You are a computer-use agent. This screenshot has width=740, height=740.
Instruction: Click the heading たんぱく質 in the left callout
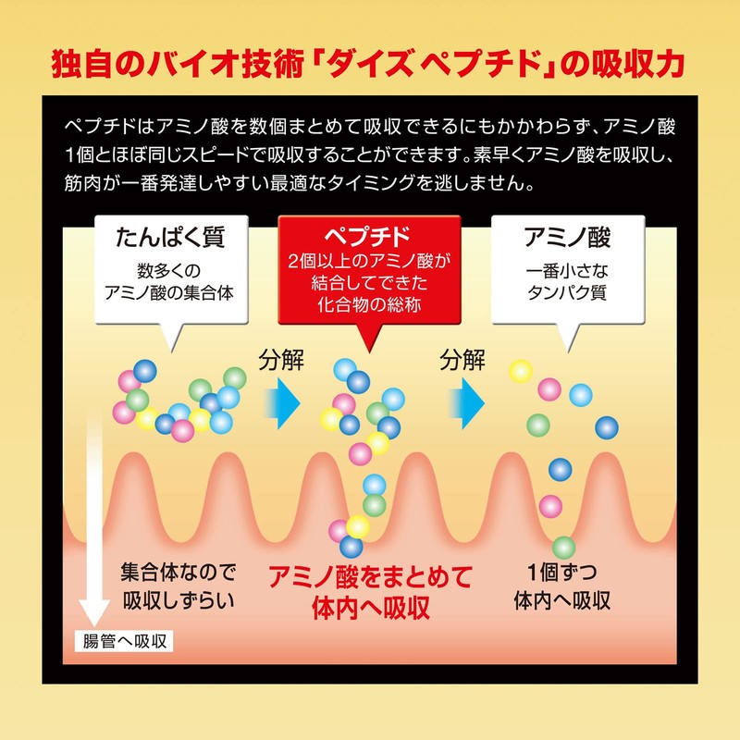coord(170,237)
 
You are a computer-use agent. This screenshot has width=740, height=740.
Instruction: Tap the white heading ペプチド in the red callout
coord(368,236)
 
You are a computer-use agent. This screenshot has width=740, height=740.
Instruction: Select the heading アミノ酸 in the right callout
coord(568,237)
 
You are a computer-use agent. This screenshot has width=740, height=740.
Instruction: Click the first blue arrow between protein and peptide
coord(282,403)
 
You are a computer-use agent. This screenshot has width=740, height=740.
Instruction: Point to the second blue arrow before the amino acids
coord(466,403)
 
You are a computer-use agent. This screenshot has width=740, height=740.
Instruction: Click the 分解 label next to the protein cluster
coord(281,361)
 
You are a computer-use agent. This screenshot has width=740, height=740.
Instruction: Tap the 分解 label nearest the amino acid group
coord(462,361)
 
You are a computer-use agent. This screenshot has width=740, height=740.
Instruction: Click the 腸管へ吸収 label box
coord(124,641)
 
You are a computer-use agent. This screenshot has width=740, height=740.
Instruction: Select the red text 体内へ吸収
coord(371,608)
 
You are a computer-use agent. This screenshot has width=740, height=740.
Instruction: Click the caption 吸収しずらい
coord(179,600)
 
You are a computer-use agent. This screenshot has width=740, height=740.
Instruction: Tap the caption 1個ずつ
coord(562,573)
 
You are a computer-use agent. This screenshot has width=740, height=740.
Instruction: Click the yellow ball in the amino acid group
coord(521,371)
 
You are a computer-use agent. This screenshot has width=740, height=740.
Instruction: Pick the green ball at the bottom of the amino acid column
coord(563,548)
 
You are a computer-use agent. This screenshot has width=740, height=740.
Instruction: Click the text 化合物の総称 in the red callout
coord(369,305)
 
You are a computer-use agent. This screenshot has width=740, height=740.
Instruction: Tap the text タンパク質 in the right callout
coord(567,292)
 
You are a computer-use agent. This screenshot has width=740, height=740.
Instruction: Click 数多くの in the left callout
coord(169,271)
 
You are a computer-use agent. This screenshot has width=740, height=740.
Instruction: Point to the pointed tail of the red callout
coord(369,352)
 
